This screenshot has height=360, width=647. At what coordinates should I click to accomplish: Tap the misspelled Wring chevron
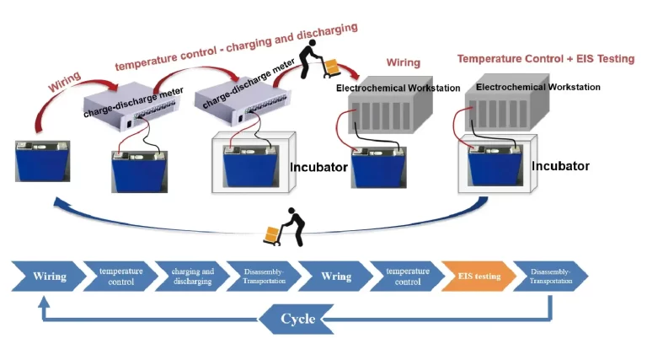pos(335,276)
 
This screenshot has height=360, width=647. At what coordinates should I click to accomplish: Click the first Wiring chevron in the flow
pos(48,276)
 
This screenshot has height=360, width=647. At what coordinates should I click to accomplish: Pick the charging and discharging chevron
pos(192,276)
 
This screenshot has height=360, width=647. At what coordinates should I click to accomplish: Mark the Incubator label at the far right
pos(560,166)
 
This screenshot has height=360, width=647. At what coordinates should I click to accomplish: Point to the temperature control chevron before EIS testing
pos(407,276)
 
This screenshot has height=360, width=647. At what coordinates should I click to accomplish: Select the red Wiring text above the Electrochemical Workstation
pos(403,63)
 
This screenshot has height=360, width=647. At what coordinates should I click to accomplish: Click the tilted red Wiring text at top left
pos(65,81)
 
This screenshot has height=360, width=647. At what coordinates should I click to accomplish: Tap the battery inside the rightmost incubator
pos(495,165)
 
